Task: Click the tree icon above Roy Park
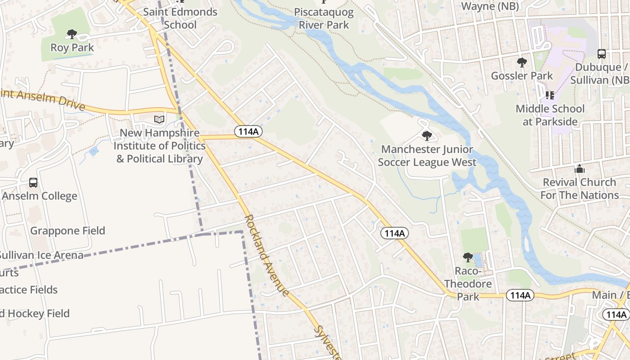72,34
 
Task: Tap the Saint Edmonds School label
180,18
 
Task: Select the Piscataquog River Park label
324,18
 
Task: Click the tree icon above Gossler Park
522,62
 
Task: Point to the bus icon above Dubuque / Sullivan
602,54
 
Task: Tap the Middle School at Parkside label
550,115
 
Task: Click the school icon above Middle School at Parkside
549,95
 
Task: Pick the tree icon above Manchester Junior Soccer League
427,135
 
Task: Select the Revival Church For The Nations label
580,189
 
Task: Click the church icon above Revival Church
580,169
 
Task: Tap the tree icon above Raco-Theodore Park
468,257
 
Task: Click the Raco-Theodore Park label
468,284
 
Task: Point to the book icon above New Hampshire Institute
159,120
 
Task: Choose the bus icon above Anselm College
33,183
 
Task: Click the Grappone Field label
67,231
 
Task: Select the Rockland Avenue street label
266,256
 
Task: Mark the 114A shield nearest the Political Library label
248,131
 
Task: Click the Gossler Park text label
522,76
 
